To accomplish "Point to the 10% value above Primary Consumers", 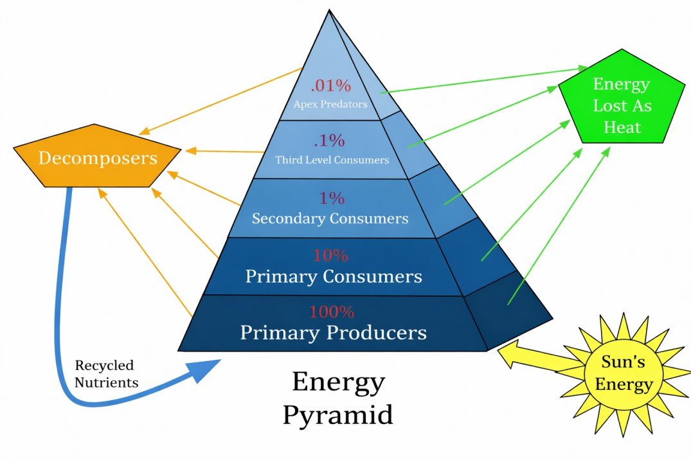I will pyautogui.click(x=330, y=255).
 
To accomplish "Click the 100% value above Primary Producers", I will pyautogui.click(x=332, y=312).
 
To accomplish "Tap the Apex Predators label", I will pyautogui.click(x=330, y=103).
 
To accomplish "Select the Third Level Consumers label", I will pyautogui.click(x=332, y=159).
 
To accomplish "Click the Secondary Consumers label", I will pyautogui.click(x=330, y=218).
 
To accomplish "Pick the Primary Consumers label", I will pyautogui.click(x=334, y=276).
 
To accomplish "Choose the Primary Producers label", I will pyautogui.click(x=333, y=333).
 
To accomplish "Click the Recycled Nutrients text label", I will pyautogui.click(x=106, y=374).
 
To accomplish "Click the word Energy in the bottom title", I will pyautogui.click(x=338, y=382).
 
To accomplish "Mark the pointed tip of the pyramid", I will pyautogui.click(x=329, y=11).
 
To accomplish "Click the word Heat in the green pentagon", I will pyautogui.click(x=622, y=127).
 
